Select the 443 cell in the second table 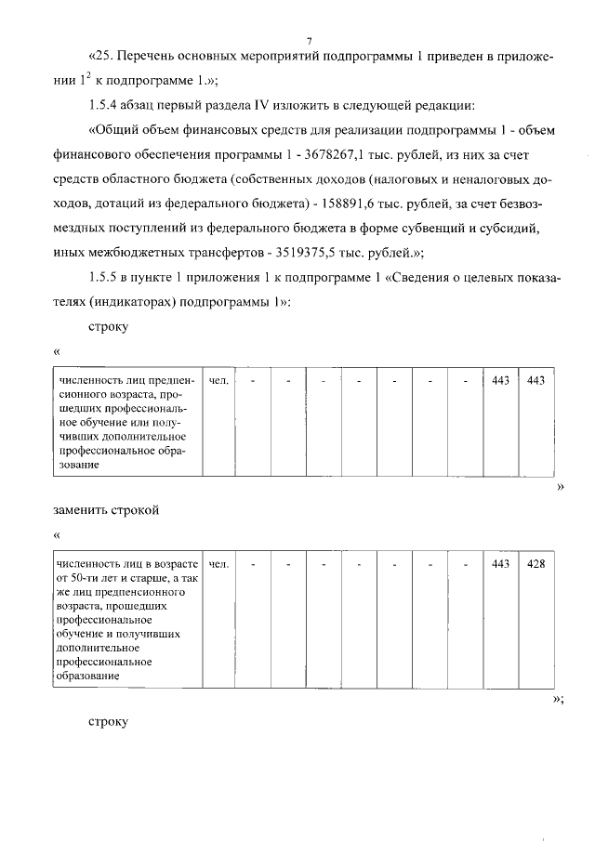[x=500, y=563]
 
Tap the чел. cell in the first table [x=219, y=381]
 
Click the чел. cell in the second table [x=219, y=563]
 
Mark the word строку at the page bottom [x=108, y=720]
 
